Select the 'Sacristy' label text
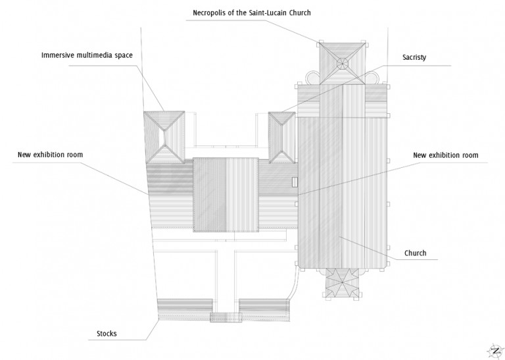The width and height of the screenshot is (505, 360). tap(414, 57)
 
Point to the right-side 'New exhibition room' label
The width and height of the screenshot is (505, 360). tap(445, 155)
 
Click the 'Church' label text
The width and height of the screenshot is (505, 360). tap(415, 253)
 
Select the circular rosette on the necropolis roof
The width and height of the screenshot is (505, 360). tap(343, 64)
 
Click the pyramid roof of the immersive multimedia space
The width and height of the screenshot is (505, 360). tap(166, 137)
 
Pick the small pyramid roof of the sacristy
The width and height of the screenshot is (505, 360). tap(282, 137)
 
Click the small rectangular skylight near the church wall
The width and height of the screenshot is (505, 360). tap(295, 182)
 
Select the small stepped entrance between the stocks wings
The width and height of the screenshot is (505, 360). tap(226, 317)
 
